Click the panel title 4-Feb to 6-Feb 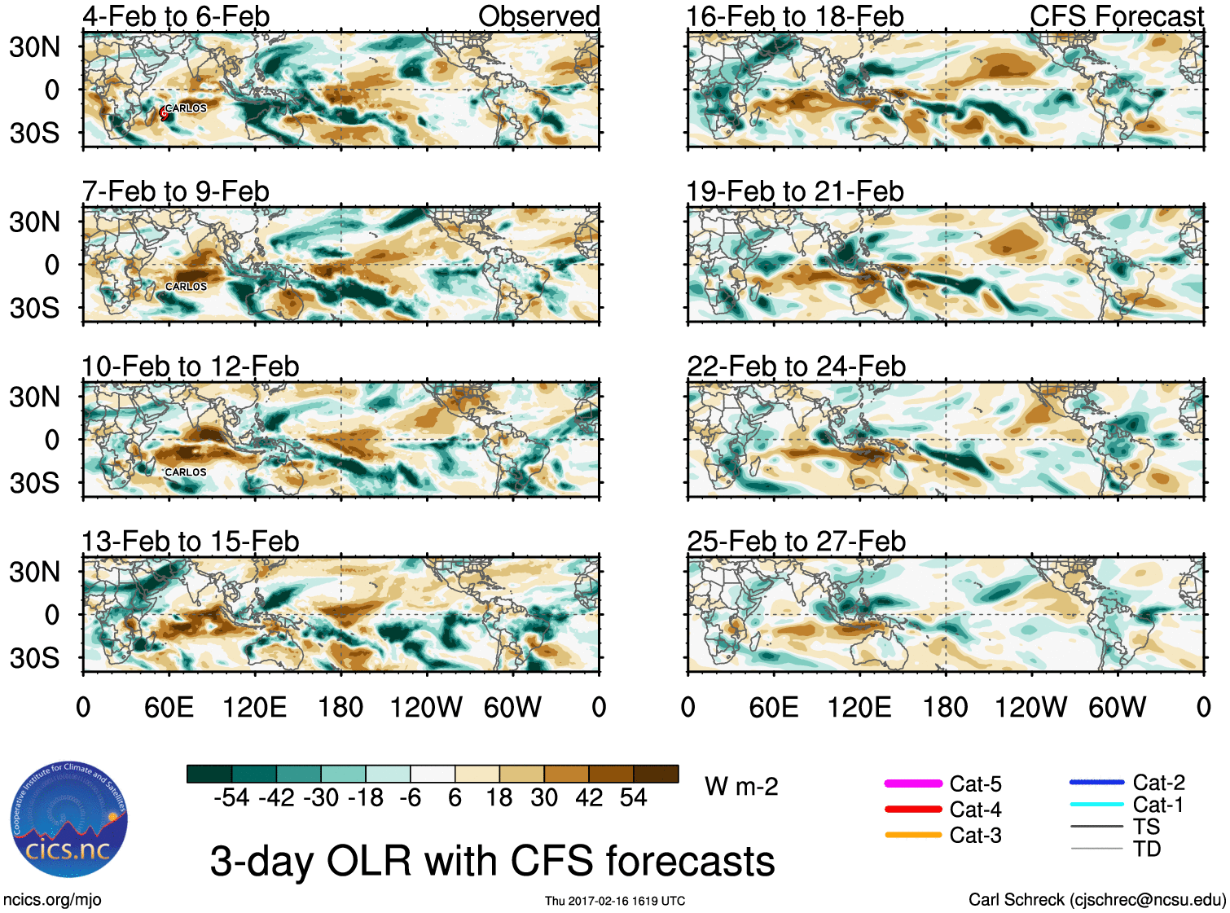(176, 16)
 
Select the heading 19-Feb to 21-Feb (795, 192)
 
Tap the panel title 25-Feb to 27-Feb (796, 542)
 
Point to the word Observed (538, 16)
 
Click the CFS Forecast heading (1116, 16)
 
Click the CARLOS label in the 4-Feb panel (187, 108)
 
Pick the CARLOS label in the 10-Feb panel (186, 472)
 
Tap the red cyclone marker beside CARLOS (164, 114)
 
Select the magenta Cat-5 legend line (913, 784)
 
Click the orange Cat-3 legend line (913, 835)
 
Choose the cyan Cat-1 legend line (1096, 805)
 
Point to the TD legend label (1147, 849)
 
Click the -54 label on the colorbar (231, 797)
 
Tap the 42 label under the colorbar (589, 797)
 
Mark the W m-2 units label (741, 787)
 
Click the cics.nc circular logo (69, 820)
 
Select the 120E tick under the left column (255, 707)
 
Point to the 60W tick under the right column (1117, 707)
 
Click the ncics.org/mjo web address (52, 900)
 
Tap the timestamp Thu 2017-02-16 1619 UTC (615, 901)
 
